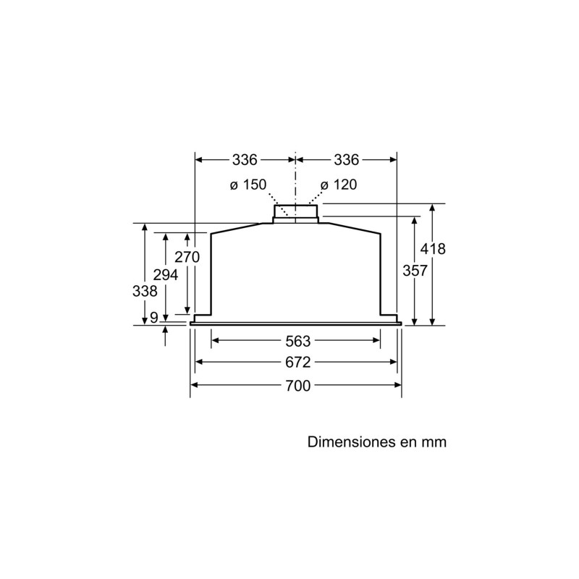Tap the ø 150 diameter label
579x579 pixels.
248,185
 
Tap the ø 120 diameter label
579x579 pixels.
339,185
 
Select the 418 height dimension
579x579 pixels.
433,249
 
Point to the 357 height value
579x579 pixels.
414,270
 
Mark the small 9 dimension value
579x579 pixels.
153,317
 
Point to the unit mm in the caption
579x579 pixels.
432,441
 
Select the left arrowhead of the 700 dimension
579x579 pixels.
194,385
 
